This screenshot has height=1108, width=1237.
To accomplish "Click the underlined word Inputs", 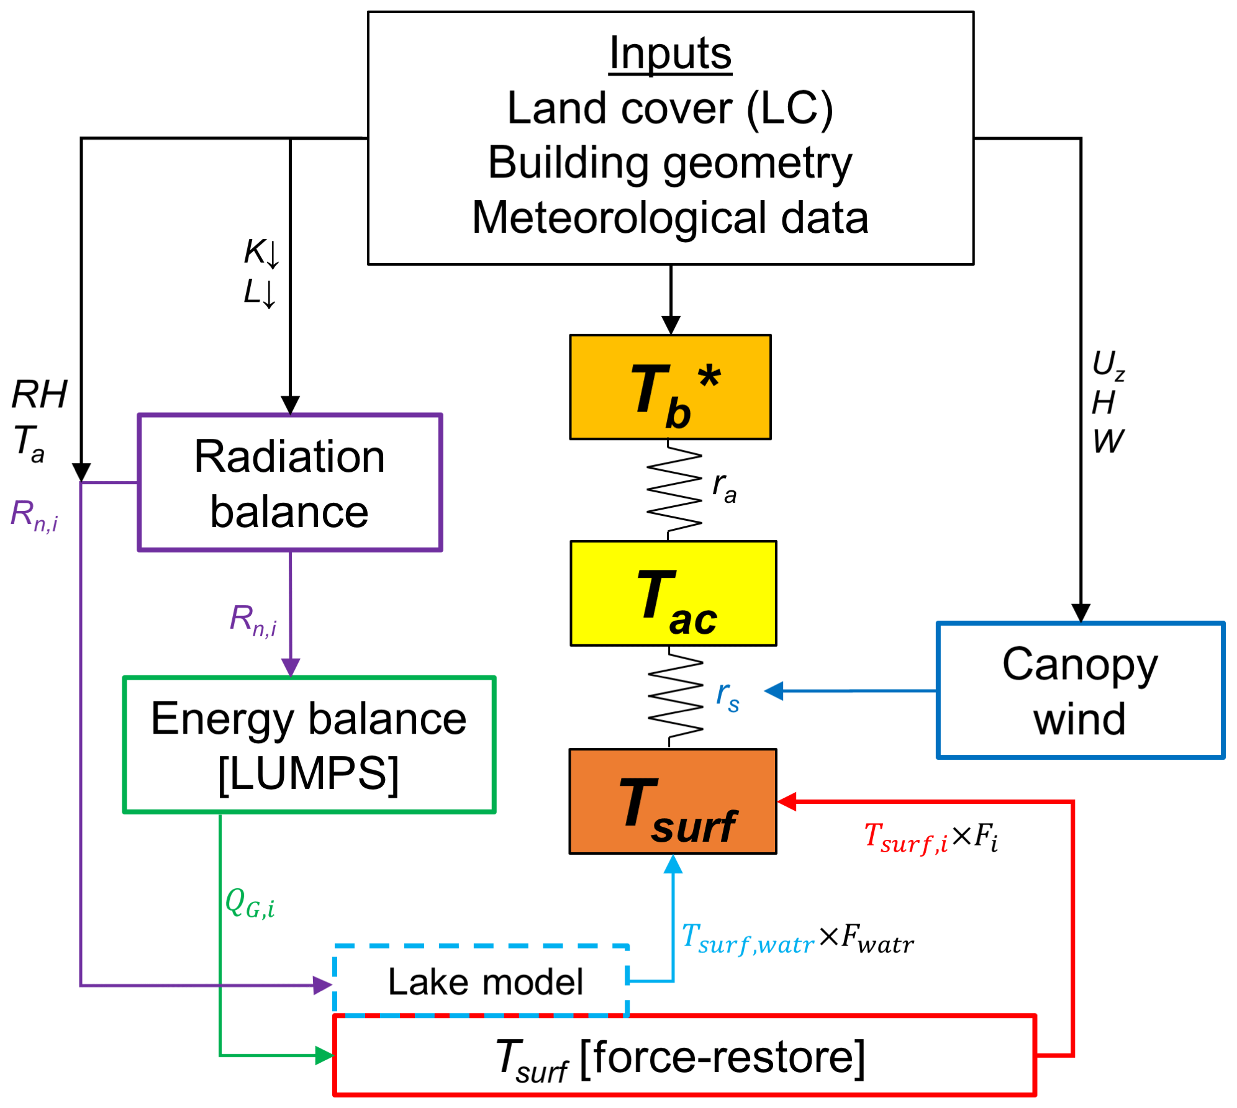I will (670, 54).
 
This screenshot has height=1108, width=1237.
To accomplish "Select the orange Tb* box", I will (670, 387).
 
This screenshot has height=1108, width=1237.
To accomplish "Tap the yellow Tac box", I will (673, 593).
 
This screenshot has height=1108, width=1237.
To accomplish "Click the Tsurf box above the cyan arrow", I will (673, 801).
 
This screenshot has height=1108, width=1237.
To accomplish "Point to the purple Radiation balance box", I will (290, 482).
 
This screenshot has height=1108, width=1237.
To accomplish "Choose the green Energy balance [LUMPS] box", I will (309, 745).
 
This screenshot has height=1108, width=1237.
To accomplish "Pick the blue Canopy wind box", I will (1080, 690).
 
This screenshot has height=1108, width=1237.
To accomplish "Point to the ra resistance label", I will (724, 487).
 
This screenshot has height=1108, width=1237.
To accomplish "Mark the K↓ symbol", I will (261, 253).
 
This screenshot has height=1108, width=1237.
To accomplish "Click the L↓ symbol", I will (260, 292).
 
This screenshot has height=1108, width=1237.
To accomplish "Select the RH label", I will (40, 394).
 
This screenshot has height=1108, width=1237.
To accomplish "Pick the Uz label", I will (1108, 364).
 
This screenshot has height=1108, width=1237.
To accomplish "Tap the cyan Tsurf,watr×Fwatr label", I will (797, 939).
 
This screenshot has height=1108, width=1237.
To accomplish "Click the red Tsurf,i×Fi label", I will (930, 837).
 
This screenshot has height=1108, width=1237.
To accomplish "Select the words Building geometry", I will (670, 163).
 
